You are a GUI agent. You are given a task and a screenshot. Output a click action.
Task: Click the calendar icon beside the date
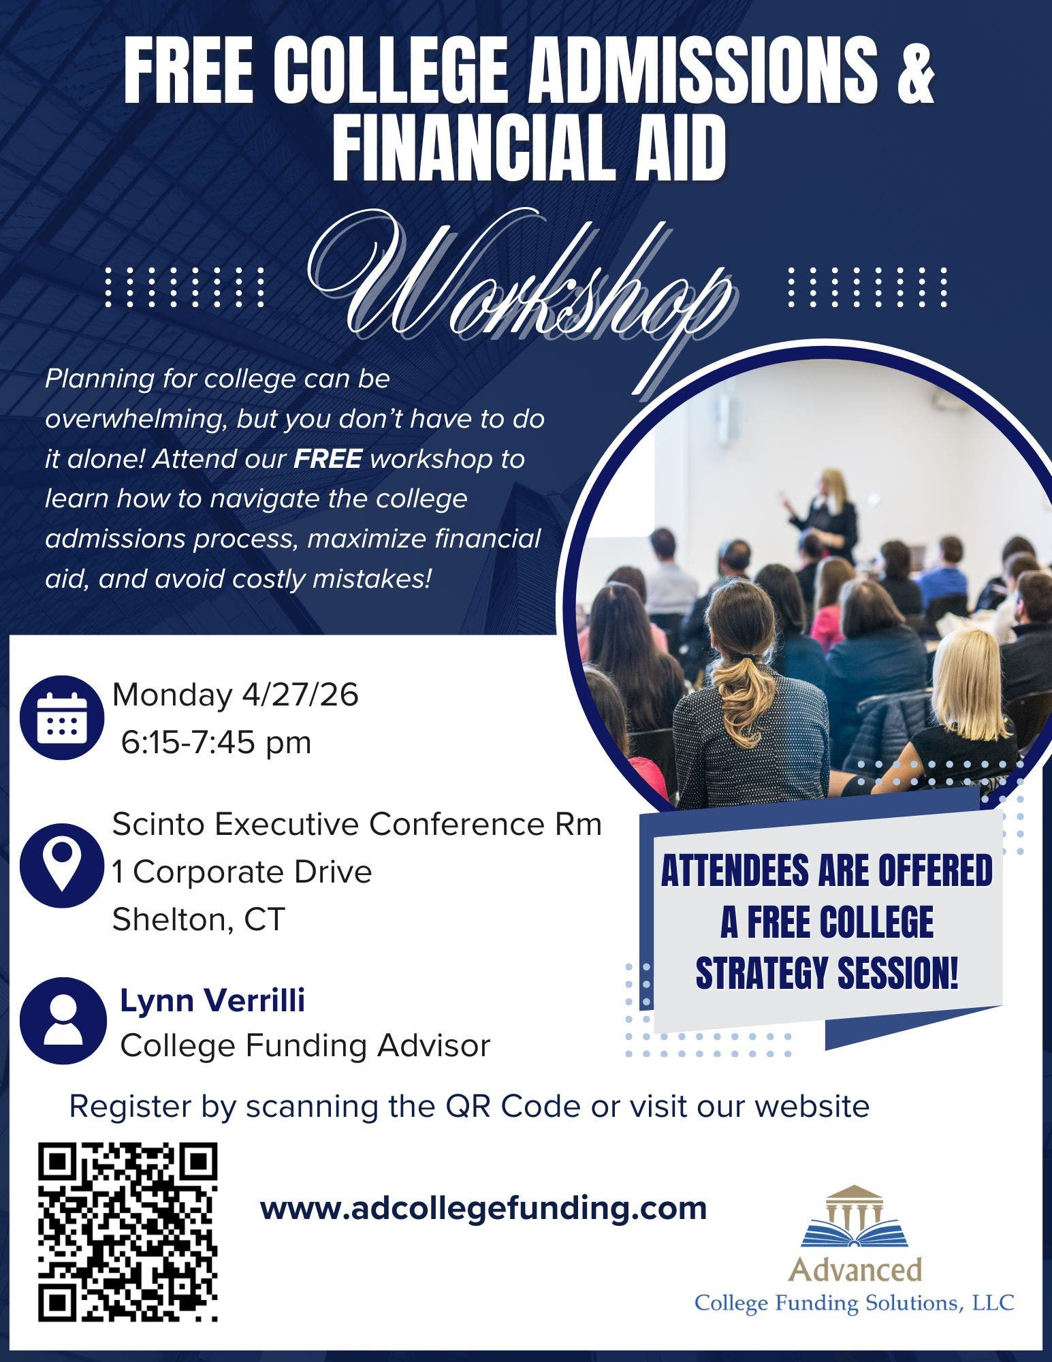(62, 718)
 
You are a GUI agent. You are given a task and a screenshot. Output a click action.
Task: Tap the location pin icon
(62, 864)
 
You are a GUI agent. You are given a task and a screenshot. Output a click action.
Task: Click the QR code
(128, 1233)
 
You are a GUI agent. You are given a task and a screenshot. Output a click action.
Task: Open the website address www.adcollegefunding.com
(483, 1207)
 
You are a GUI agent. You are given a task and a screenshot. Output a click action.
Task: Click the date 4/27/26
(300, 695)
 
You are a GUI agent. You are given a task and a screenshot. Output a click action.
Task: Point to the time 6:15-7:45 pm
(216, 742)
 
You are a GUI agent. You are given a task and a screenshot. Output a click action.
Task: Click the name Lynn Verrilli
(212, 1000)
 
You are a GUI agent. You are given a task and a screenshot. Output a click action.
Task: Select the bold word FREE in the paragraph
(328, 459)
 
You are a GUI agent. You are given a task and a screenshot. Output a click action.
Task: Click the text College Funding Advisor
(305, 1046)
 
